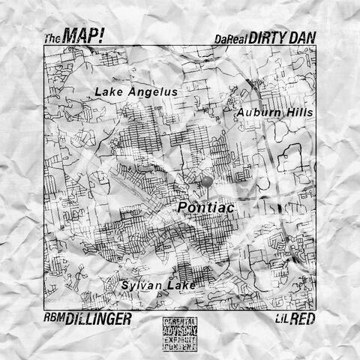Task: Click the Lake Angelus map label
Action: click(136, 92)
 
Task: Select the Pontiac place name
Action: click(208, 205)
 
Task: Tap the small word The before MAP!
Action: click(52, 37)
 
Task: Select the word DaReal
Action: click(230, 37)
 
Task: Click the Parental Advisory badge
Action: click(180, 334)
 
